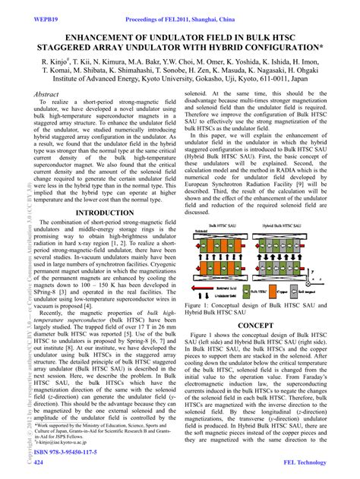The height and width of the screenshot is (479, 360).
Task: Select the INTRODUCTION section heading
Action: [96, 213]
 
